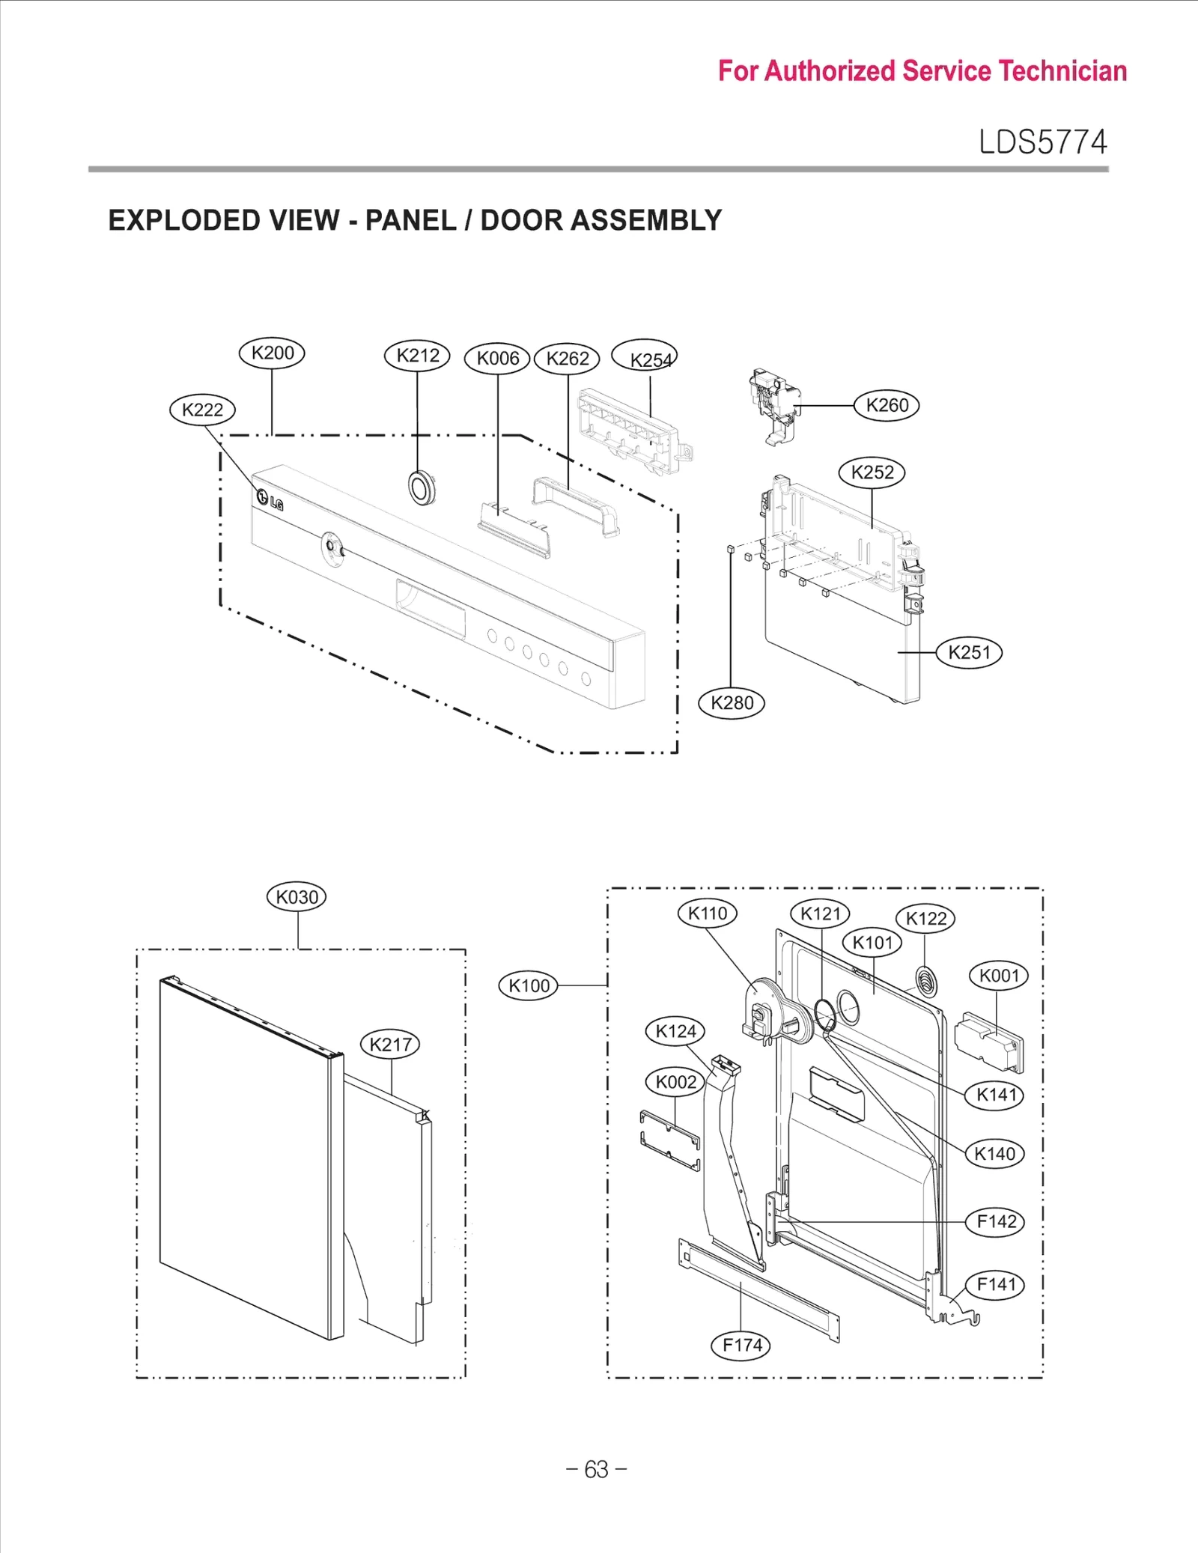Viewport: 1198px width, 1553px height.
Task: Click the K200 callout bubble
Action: click(x=272, y=353)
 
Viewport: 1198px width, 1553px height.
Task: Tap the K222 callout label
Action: click(x=202, y=410)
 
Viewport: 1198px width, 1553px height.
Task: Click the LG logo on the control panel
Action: click(x=270, y=500)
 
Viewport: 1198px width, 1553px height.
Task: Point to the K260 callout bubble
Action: click(x=887, y=405)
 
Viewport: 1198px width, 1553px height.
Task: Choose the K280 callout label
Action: click(x=732, y=703)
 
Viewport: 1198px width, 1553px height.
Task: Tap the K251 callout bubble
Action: click(x=969, y=652)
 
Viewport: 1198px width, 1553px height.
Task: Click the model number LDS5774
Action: click(x=1042, y=142)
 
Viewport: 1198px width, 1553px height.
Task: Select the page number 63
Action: click(x=597, y=1469)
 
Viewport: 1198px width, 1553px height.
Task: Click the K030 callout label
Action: click(x=297, y=897)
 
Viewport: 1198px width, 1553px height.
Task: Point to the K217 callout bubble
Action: click(x=390, y=1044)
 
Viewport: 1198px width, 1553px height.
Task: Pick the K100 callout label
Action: click(x=529, y=985)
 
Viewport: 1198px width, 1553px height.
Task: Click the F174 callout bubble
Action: click(x=741, y=1346)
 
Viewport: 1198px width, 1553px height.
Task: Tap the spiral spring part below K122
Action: click(x=926, y=982)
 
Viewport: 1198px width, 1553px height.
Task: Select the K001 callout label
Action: click(x=999, y=976)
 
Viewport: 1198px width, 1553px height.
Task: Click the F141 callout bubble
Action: click(x=996, y=1285)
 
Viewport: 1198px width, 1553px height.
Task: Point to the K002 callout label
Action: click(x=675, y=1082)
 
